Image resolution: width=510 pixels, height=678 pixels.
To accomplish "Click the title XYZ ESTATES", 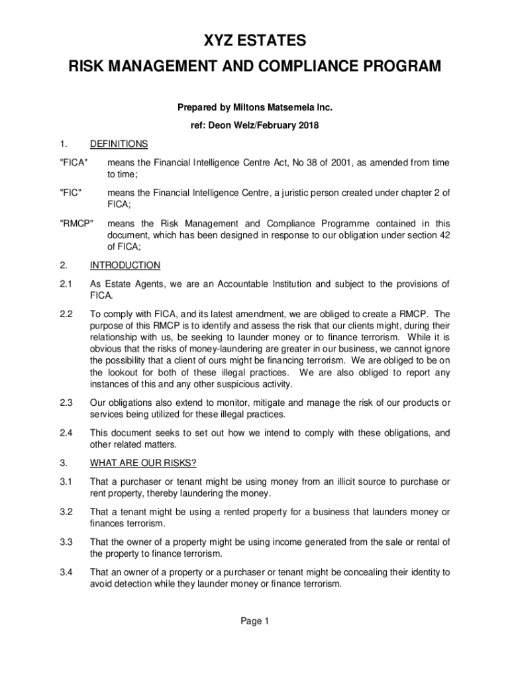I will click(255, 42).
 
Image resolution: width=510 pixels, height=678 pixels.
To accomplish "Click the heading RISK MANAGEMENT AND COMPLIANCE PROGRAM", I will click(255, 67).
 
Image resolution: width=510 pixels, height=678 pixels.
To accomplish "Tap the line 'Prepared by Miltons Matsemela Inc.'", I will click(255, 107).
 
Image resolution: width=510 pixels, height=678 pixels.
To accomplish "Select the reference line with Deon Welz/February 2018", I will click(255, 125).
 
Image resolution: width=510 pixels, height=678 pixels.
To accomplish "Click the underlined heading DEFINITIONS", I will click(119, 144).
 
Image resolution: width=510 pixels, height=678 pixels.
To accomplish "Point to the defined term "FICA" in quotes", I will click(72, 163).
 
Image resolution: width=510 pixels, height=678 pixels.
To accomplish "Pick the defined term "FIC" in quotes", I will click(70, 193).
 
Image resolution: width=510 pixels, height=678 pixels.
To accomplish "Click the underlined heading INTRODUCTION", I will click(125, 266).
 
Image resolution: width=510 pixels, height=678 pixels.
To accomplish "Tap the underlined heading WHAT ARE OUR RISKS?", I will click(143, 462).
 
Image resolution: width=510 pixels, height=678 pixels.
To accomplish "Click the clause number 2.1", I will click(65, 284).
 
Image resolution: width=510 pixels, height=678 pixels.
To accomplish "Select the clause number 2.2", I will click(65, 314).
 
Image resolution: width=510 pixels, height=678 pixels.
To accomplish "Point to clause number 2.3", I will click(65, 403).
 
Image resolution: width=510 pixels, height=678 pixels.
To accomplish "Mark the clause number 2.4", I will click(65, 433).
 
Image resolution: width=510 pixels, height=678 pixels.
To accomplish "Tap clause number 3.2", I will click(65, 512).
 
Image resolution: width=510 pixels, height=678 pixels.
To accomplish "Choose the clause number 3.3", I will click(65, 542).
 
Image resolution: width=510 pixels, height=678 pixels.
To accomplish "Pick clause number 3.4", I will click(65, 572).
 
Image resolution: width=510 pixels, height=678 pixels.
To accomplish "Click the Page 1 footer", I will click(255, 621).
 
